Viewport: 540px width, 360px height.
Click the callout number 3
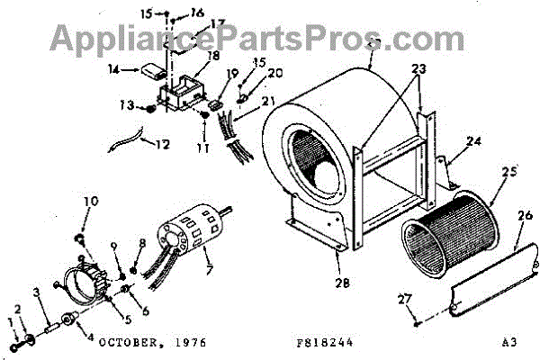pyautogui.click(x=35, y=292)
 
